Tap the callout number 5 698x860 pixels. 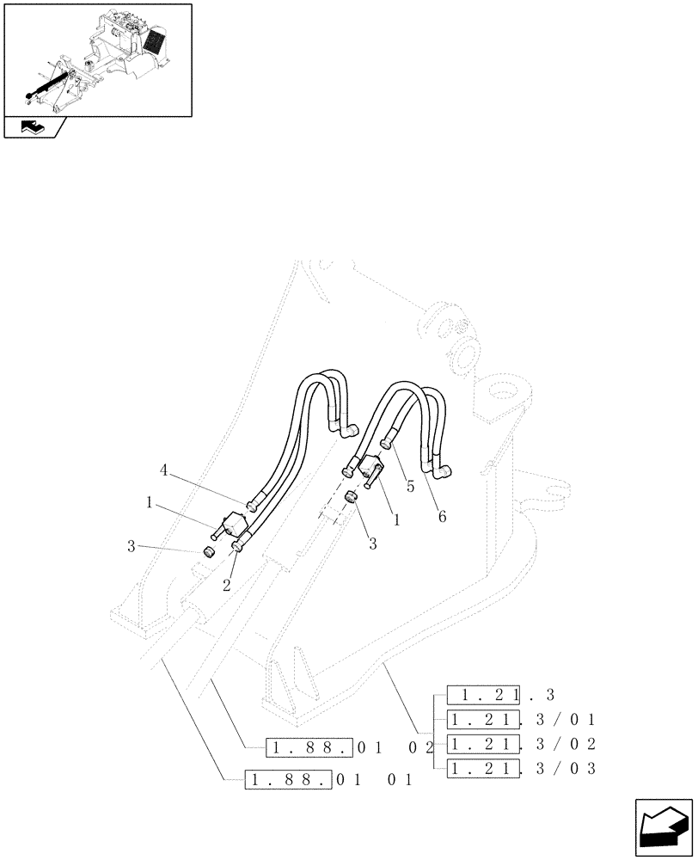(x=411, y=486)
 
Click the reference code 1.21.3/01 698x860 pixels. (x=521, y=720)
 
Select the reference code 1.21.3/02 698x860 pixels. (x=521, y=743)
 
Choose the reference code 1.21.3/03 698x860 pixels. (x=521, y=766)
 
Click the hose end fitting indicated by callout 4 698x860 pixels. (x=251, y=507)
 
